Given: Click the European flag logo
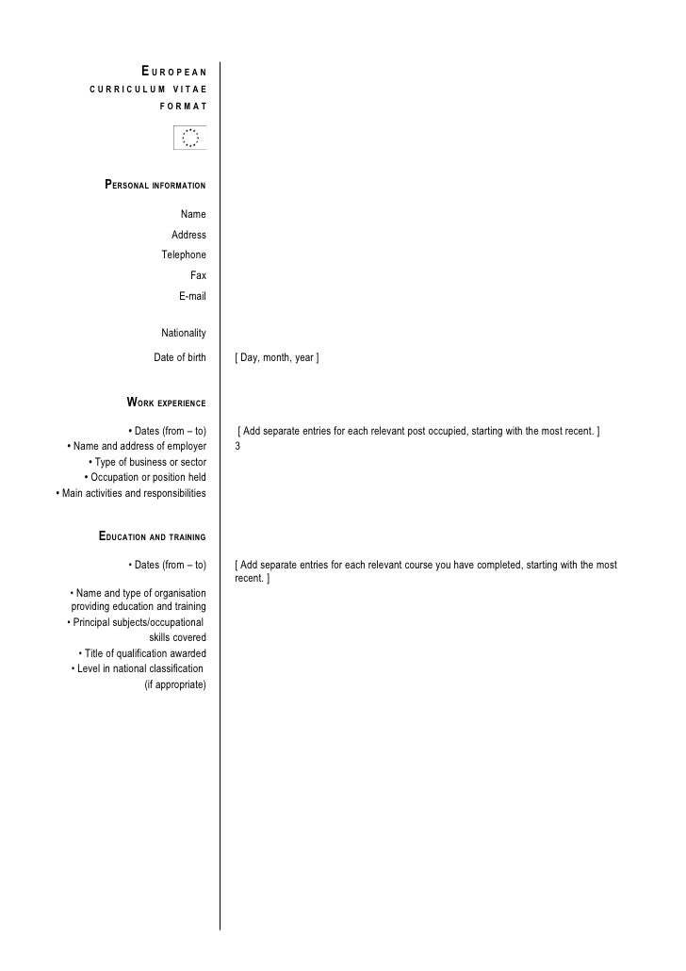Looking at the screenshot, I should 190,139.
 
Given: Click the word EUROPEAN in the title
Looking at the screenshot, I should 174,72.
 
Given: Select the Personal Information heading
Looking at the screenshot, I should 155,185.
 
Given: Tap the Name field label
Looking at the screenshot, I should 193,215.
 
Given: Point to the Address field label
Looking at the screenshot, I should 188,235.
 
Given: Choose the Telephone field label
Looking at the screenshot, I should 184,255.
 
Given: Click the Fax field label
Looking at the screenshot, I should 198,275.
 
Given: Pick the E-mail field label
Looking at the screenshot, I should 192,296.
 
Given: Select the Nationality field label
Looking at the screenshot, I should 184,333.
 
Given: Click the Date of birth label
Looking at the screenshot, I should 180,357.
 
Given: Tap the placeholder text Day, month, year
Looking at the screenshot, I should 278,358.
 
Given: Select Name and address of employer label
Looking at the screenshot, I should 137,446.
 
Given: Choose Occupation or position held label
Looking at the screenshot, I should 145,477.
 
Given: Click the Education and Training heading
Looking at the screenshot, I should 153,537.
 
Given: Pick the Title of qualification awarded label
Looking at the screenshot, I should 142,653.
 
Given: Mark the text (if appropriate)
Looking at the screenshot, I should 174,684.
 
